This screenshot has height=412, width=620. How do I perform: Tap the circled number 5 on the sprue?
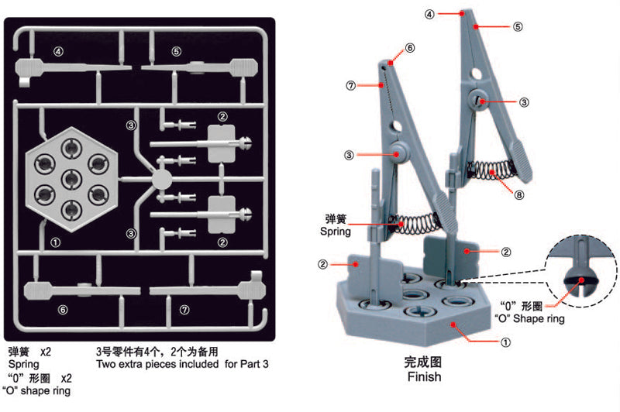[x=177, y=51]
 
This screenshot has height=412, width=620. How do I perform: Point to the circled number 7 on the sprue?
[x=184, y=309]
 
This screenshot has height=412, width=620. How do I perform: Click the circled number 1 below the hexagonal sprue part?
[x=55, y=242]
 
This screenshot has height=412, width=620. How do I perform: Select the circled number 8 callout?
[x=518, y=196]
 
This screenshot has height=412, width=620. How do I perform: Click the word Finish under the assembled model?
[x=423, y=377]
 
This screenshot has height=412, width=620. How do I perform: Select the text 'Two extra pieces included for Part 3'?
[x=182, y=363]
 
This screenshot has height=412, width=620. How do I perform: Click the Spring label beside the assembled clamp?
[x=336, y=231]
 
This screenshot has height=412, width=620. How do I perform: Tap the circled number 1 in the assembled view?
[x=505, y=341]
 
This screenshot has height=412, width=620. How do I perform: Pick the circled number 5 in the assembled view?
[x=518, y=26]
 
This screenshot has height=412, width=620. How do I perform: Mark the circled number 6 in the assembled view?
[x=410, y=47]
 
